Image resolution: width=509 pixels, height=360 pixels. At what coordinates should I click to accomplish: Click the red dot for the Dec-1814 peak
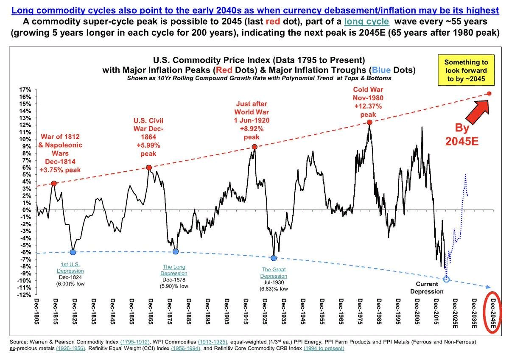[54, 183]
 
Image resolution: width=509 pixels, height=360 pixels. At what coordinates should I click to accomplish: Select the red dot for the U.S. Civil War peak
[149, 167]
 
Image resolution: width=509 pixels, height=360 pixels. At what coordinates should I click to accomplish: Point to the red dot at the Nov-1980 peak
[369, 122]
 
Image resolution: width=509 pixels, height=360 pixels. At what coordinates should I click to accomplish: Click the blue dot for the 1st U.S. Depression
[73, 252]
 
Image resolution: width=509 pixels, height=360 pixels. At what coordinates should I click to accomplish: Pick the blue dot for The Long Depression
[176, 251]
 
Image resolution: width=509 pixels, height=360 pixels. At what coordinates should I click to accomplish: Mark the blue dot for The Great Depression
[274, 258]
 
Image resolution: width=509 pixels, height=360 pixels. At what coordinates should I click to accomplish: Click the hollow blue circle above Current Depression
[446, 279]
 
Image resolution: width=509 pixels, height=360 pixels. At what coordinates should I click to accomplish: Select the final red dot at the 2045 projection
[489, 94]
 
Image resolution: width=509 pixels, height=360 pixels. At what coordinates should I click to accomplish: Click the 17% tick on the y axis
[25, 90]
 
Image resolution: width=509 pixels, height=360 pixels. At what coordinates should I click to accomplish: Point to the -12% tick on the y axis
[24, 295]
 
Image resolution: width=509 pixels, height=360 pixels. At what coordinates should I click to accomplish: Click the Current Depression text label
[430, 288]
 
